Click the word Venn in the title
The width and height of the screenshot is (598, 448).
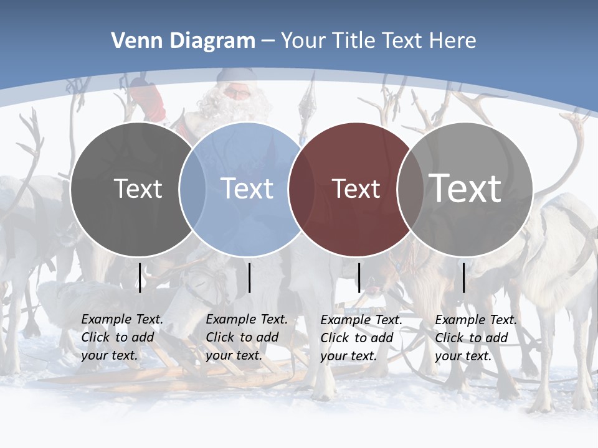click(x=132, y=40)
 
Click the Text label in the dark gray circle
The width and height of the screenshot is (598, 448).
click(x=138, y=189)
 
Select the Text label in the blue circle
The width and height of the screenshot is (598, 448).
click(x=247, y=189)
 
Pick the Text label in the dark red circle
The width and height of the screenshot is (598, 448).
click(x=356, y=189)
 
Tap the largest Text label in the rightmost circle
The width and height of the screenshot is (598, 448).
click(x=465, y=188)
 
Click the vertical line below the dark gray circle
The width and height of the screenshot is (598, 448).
click(x=140, y=278)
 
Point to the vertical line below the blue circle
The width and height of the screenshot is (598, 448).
click(x=250, y=278)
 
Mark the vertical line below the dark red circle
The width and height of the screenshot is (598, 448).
click(x=359, y=278)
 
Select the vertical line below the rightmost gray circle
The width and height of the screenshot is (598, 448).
click(x=464, y=278)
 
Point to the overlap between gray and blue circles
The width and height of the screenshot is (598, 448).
click(x=192, y=189)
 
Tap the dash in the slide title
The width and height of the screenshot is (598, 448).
click(x=267, y=40)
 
